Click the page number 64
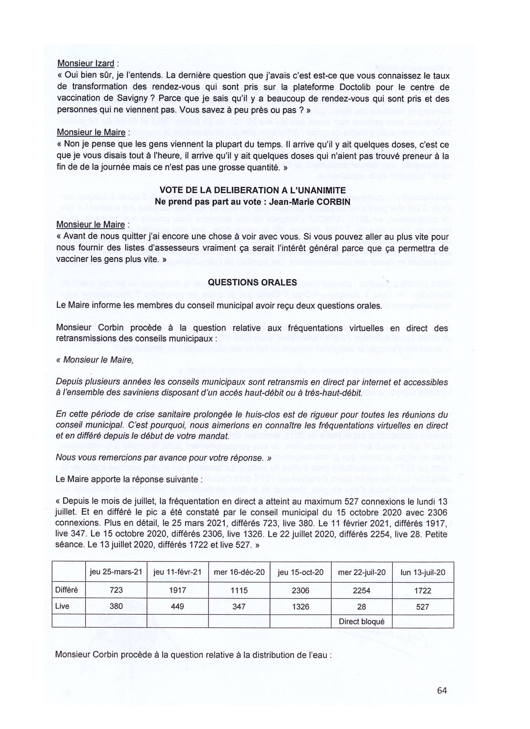[x=441, y=690]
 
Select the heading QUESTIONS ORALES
[x=252, y=282]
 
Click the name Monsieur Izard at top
[x=85, y=64]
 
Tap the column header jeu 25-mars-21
[x=116, y=572]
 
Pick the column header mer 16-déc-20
[x=239, y=572]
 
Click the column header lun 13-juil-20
[x=422, y=572]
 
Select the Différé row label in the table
[x=67, y=590]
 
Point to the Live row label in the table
[x=62, y=606]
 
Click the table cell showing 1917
[x=177, y=590]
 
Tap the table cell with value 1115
[x=239, y=590]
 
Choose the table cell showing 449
[x=177, y=606]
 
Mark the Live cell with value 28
[x=362, y=606]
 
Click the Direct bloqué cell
[x=362, y=622]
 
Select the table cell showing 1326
[x=301, y=606]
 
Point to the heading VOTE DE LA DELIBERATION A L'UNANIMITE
[x=252, y=190]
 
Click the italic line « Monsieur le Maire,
[x=95, y=360]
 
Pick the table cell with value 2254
[x=362, y=590]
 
